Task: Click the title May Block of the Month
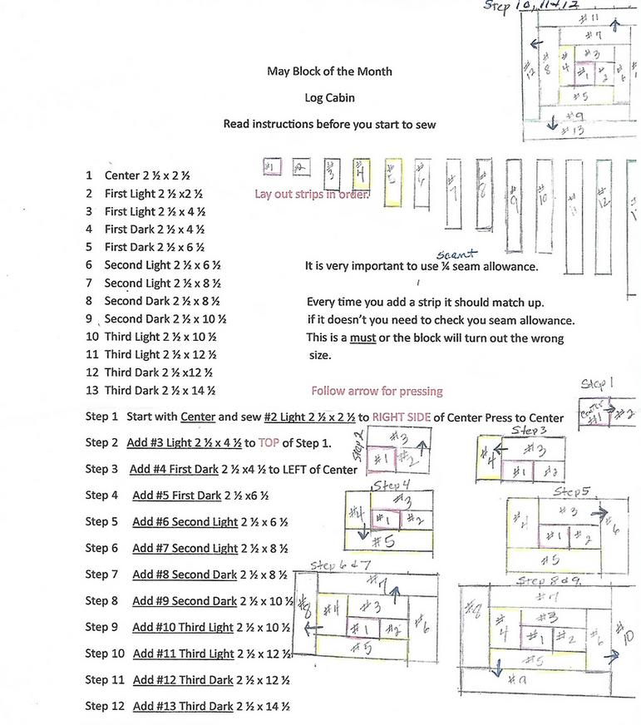pos(329,72)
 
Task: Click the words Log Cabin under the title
pos(329,97)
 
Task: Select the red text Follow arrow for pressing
pos(377,391)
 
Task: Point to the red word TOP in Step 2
pos(268,443)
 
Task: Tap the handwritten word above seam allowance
pos(458,254)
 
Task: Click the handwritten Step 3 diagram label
pos(529,431)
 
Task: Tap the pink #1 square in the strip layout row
pos(271,168)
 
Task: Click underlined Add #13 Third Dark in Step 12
pos(183,707)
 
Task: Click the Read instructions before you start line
pos(329,124)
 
